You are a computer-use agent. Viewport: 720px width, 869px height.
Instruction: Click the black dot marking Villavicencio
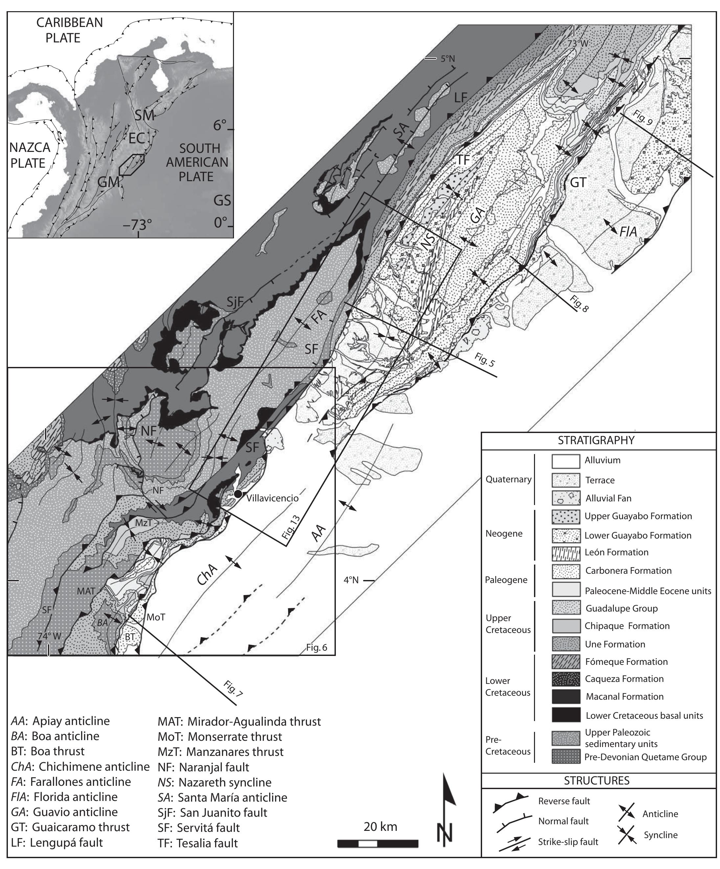coord(238,494)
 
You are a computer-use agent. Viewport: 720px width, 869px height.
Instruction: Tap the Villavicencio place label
coord(272,498)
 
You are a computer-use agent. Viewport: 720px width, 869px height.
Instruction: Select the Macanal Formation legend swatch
coord(566,696)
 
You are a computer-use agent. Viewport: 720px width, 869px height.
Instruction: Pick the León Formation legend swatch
coord(566,552)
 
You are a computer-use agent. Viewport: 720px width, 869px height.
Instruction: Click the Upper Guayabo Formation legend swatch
coord(566,517)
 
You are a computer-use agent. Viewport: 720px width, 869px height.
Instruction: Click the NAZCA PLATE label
coord(28,155)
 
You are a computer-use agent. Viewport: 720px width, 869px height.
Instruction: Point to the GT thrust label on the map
coord(578,182)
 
